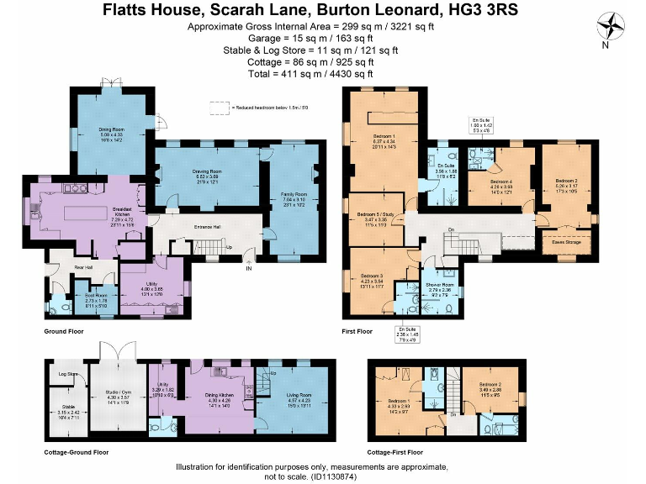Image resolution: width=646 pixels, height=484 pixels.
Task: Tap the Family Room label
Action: (x=294, y=194)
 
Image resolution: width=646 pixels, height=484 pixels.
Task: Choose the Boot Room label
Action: (x=96, y=296)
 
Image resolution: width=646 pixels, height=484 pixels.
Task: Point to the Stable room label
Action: (x=67, y=408)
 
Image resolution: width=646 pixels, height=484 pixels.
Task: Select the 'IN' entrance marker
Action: (x=248, y=269)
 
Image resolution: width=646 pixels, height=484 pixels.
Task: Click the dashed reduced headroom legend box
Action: (x=219, y=108)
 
